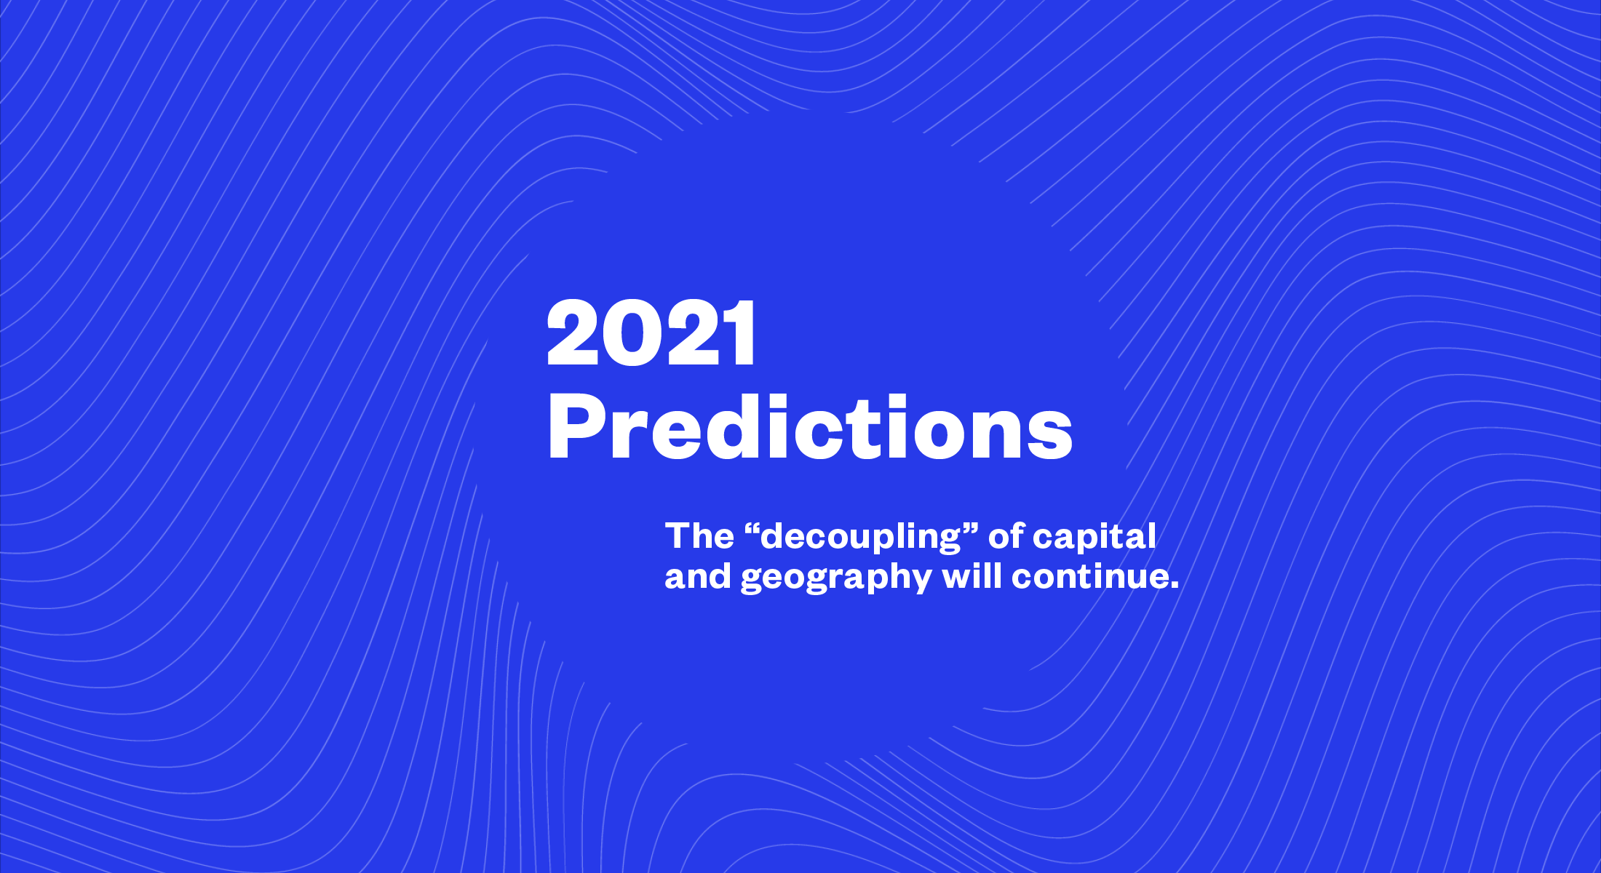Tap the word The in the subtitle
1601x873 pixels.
pyautogui.click(x=699, y=536)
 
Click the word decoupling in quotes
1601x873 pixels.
pyautogui.click(x=861, y=539)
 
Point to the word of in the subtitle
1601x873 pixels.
pyautogui.click(x=1006, y=536)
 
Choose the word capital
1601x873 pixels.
pyautogui.click(x=1095, y=539)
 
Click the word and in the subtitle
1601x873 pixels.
pyautogui.click(x=698, y=576)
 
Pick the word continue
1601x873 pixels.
pyautogui.click(x=1089, y=576)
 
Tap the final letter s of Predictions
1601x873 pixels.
pyautogui.click(x=1047, y=434)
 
